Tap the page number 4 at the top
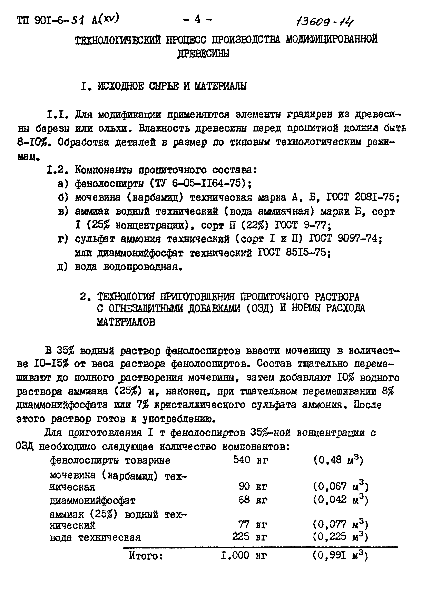[197, 20]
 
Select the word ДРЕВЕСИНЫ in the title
[203, 54]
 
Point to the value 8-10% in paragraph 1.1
[33, 143]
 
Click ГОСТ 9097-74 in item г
[343, 239]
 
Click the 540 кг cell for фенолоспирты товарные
[250, 460]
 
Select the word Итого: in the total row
[146, 556]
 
